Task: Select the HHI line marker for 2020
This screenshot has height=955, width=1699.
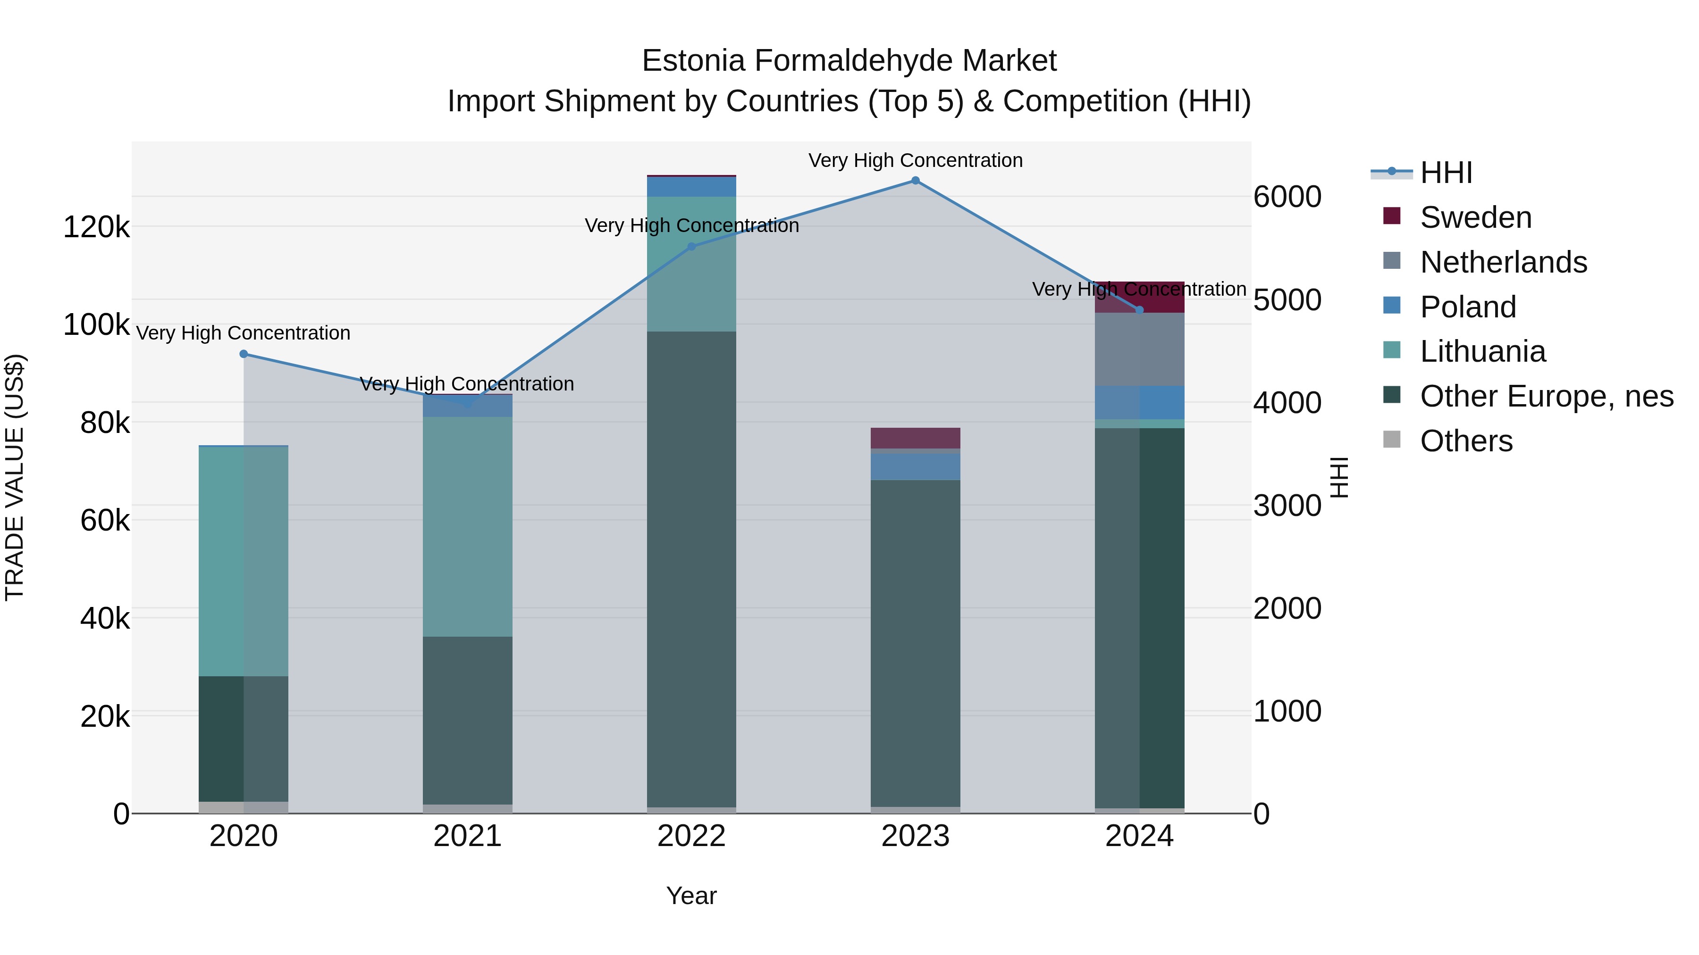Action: point(244,354)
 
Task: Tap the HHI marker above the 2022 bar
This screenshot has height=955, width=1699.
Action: point(691,247)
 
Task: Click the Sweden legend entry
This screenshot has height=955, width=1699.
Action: point(1475,217)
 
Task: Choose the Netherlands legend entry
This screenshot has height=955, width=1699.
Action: point(1503,262)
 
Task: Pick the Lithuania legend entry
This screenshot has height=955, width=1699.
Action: point(1482,351)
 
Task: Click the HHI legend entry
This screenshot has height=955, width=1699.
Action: point(1446,173)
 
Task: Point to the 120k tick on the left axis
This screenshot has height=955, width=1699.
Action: point(96,227)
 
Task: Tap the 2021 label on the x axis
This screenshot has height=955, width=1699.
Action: point(467,836)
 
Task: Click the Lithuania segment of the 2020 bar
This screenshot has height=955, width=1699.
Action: point(244,560)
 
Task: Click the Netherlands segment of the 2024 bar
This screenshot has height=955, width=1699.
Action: point(1139,349)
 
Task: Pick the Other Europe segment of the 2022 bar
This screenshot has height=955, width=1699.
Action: point(691,567)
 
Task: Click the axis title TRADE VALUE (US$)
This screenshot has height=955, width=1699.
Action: point(15,477)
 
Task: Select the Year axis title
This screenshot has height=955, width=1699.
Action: point(691,896)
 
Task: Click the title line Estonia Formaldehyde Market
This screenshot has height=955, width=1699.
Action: point(849,61)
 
